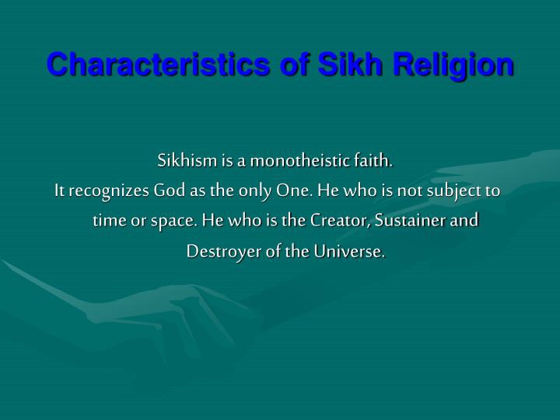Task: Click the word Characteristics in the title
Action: click(158, 64)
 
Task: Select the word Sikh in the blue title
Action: click(350, 64)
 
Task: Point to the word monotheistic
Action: click(299, 160)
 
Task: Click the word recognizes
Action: click(109, 191)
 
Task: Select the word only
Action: click(255, 191)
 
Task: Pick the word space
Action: click(174, 222)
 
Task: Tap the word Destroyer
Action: click(223, 252)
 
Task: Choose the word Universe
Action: click(350, 251)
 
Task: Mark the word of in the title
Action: click(294, 64)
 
